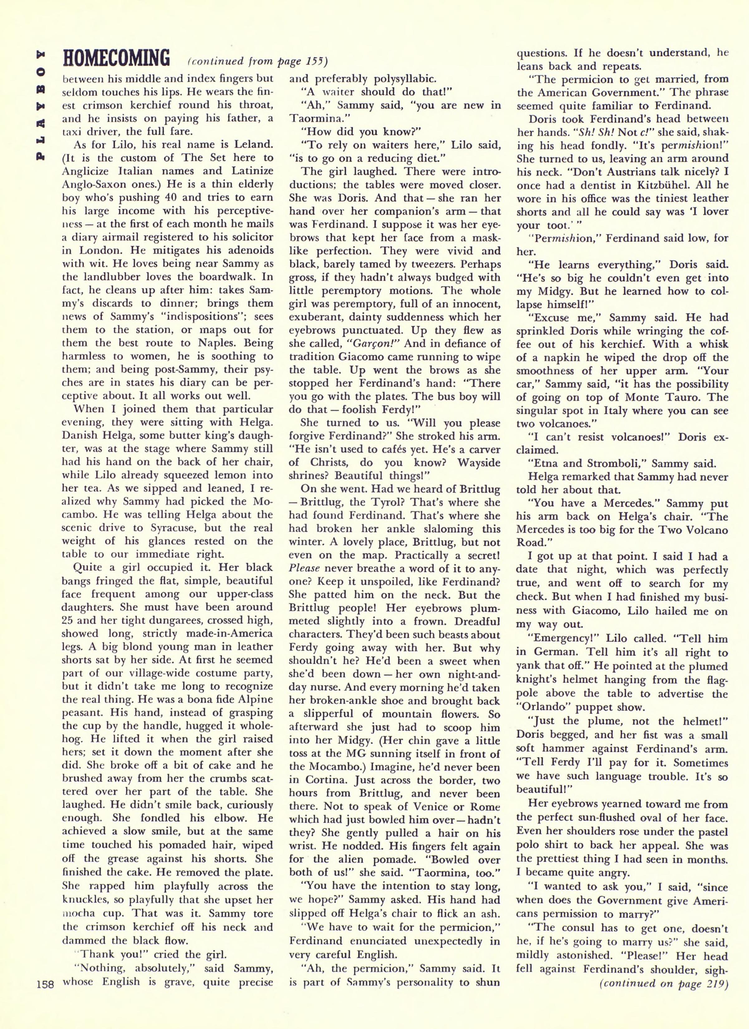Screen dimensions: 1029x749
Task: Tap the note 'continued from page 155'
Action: (x=256, y=61)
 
